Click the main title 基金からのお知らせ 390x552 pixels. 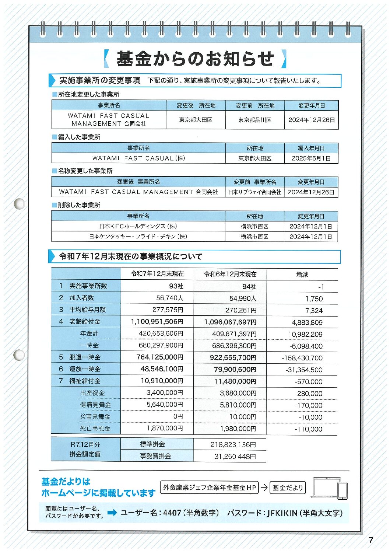pos(195,59)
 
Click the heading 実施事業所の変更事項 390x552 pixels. pos(100,80)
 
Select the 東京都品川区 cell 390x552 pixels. pos(254,120)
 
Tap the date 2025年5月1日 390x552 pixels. pos(311,158)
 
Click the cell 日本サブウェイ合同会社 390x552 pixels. pos(254,192)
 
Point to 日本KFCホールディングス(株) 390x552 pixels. pos(138,226)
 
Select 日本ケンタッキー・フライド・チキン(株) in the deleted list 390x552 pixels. pos(138,237)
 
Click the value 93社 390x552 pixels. pos(176,286)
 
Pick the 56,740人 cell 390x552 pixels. pos(169,298)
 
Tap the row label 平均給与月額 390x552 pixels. pos(87,310)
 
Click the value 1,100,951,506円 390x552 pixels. pos(157,322)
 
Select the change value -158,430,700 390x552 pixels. pos(302,358)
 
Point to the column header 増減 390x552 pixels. pos(302,275)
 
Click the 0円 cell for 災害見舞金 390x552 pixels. pos(178,416)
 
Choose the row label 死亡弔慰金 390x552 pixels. pos(95,429)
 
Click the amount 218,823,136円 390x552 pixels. pos(233,444)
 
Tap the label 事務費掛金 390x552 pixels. pos(155,456)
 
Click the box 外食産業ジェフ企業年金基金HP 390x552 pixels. pos(209,488)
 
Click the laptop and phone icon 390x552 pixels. pos(330,488)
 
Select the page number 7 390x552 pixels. pos(371,540)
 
